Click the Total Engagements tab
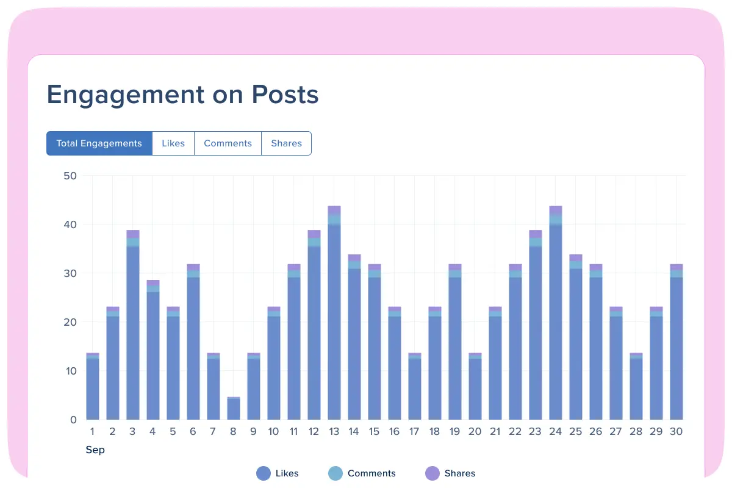99,143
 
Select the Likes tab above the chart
173,143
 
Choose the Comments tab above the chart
228,143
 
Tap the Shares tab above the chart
286,143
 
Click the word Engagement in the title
126,95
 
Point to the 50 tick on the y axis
70,176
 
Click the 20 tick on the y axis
70,322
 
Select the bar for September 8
234,409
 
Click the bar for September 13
334,317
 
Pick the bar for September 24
556,317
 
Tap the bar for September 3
133,329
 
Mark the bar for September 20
475,387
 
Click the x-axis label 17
414,432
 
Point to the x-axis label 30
676,432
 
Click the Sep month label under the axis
95,450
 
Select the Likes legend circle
264,473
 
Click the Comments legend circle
335,473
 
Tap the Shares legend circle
432,473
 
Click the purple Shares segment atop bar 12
314,234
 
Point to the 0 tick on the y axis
73,420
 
